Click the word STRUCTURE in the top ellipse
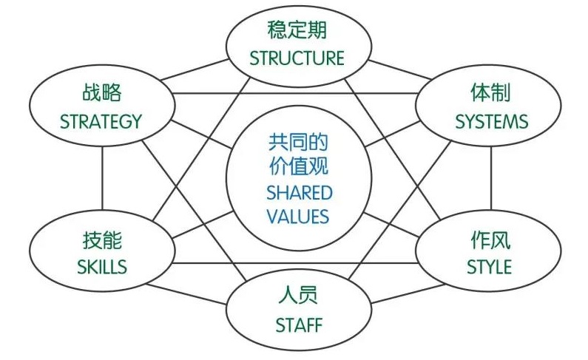click(297, 58)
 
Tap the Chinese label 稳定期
click(297, 31)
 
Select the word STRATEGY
click(101, 121)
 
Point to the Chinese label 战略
click(101, 94)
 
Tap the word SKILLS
click(102, 267)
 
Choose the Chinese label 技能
click(102, 240)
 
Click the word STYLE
click(489, 267)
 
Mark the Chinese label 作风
click(490, 240)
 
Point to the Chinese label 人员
click(298, 296)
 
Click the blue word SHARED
click(299, 193)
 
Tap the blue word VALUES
click(299, 217)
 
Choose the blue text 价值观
click(299, 167)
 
